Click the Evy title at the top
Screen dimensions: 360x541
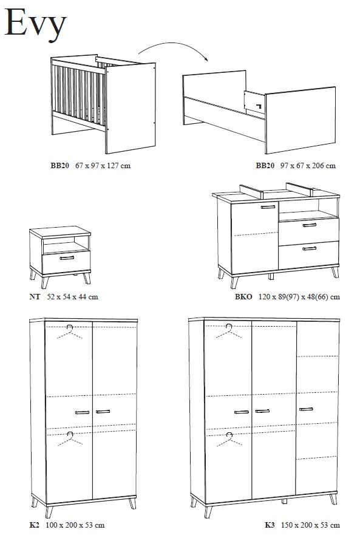[35, 24]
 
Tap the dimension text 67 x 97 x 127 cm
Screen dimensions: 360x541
[103, 166]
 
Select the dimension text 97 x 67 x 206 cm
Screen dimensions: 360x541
[308, 166]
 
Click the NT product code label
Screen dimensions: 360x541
[35, 297]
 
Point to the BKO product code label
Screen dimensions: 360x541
[243, 297]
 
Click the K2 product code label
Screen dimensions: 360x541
[34, 525]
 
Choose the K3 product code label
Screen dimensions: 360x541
[270, 525]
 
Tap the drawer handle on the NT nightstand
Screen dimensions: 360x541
[67, 257]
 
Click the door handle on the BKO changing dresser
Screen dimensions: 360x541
[268, 207]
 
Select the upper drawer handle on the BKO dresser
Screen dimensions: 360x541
[310, 225]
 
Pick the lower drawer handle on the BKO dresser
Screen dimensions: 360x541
[310, 248]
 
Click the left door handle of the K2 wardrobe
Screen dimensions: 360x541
[82, 412]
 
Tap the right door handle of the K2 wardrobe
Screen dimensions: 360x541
[103, 412]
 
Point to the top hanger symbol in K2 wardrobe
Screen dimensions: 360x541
[70, 332]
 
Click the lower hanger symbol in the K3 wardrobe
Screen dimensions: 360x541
[229, 439]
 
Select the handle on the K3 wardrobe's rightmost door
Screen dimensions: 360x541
[306, 409]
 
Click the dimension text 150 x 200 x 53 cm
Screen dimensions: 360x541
[310, 525]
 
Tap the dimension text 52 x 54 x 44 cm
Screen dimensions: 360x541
[72, 297]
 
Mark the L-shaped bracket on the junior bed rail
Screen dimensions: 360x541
[259, 105]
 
